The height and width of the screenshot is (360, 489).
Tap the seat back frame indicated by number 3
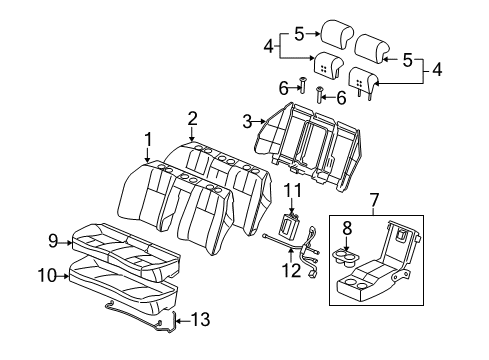pyautogui.click(x=305, y=140)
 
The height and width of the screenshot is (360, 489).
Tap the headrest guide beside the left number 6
pyautogui.click(x=303, y=87)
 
